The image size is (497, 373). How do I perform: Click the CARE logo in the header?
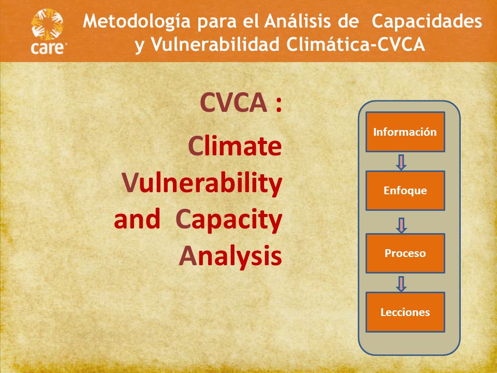point(48,32)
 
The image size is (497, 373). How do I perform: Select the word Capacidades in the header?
point(427,21)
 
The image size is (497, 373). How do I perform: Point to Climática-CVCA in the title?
point(356,44)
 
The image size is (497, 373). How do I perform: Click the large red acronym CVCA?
point(233,103)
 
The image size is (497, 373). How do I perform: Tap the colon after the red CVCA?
point(279,105)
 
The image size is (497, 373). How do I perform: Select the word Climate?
point(235,146)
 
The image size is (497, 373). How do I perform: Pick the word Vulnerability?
point(202,184)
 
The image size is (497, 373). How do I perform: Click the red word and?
point(137,219)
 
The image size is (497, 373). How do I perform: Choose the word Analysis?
point(230,256)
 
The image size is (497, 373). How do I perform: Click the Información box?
point(405,132)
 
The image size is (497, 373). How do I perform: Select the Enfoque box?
point(405,190)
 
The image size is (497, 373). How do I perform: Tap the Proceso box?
point(405,253)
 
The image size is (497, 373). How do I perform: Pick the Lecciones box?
point(405,312)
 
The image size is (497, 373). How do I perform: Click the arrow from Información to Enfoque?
point(401,162)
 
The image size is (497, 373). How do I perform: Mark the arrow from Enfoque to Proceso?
point(401,225)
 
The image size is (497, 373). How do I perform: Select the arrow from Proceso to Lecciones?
point(401,284)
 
